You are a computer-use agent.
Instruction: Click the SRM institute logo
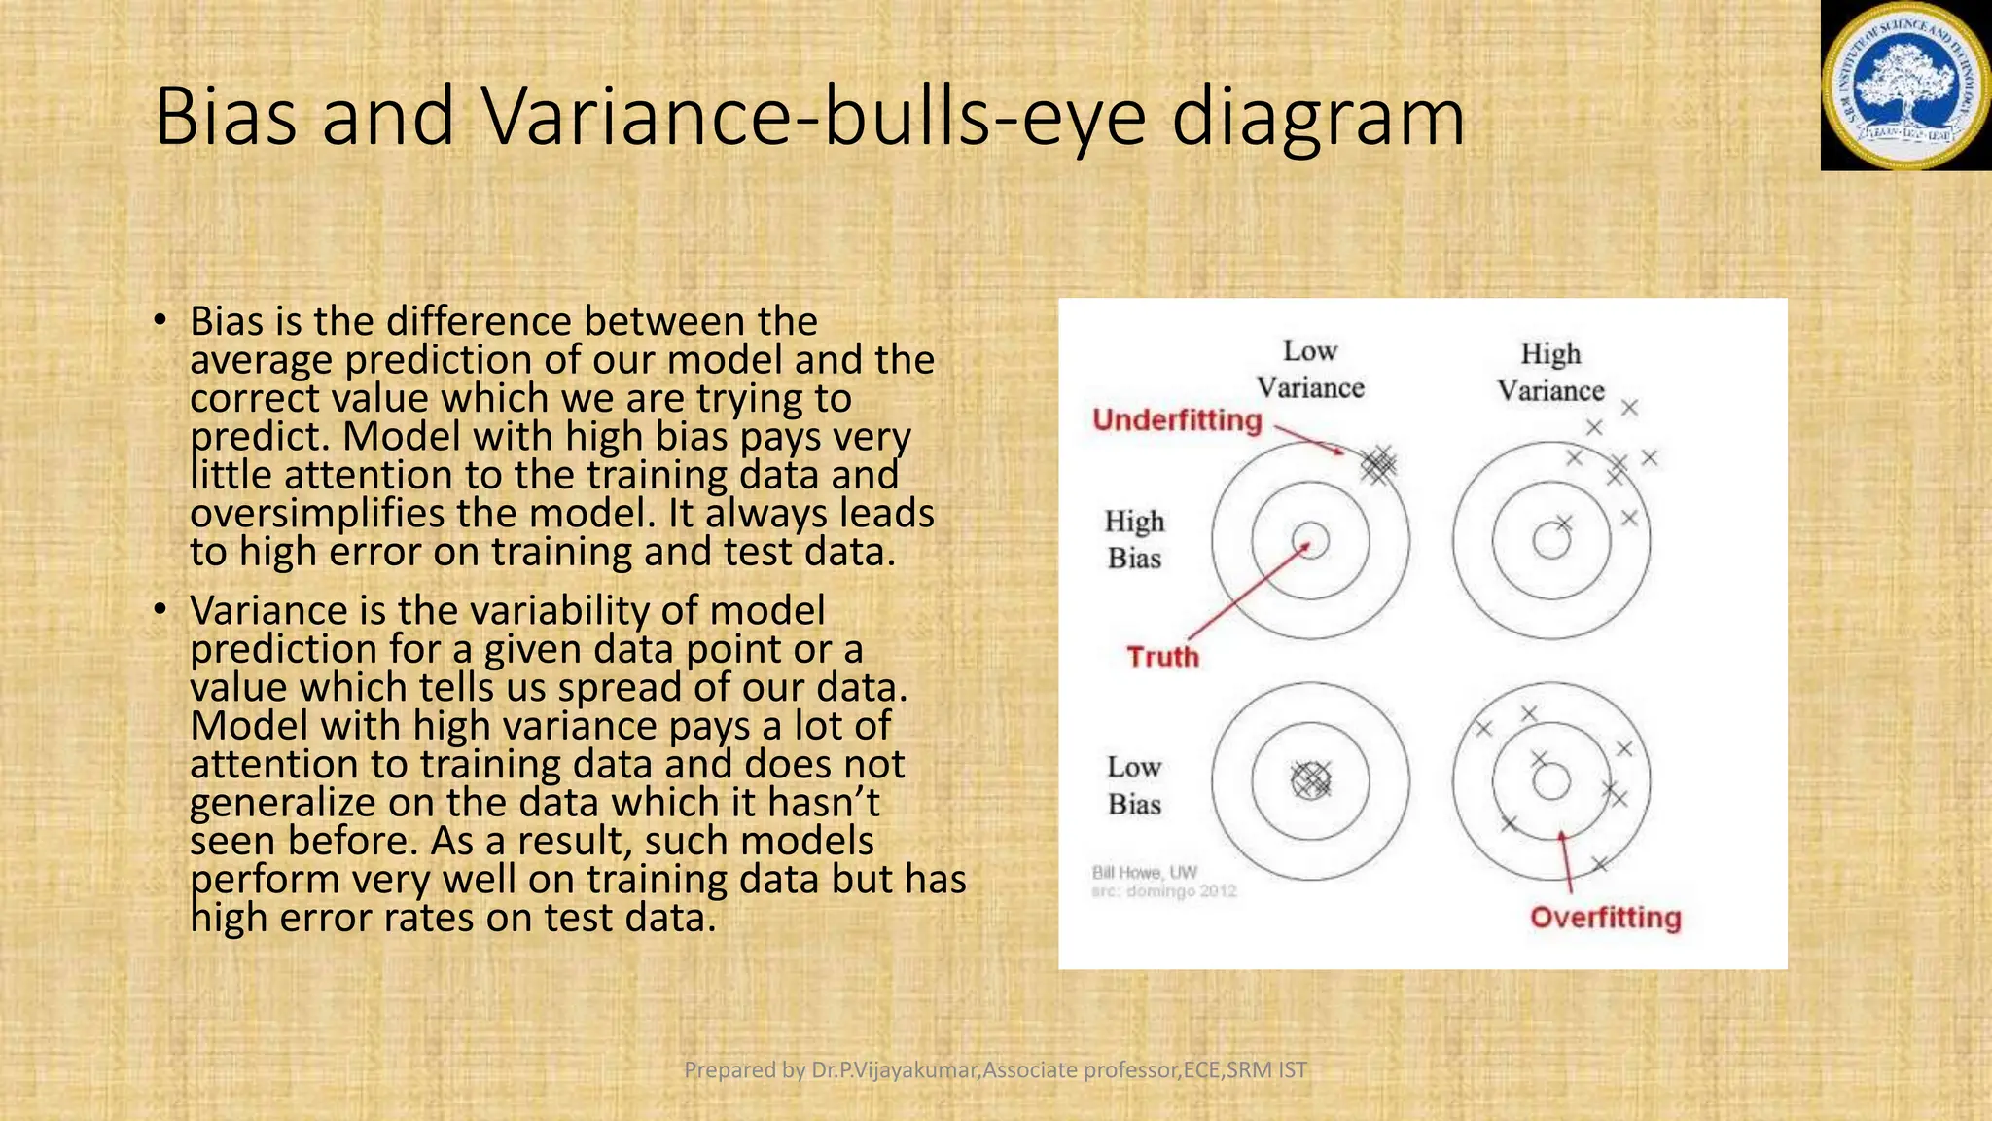(x=1905, y=86)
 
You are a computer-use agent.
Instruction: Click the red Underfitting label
(x=1177, y=420)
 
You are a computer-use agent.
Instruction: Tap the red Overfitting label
(x=1605, y=918)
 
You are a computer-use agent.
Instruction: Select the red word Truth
(x=1163, y=657)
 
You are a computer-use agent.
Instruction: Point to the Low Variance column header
(x=1310, y=370)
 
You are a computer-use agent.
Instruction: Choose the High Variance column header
(x=1550, y=372)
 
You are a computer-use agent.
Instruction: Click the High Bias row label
(x=1134, y=540)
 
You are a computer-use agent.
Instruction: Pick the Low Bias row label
(x=1134, y=785)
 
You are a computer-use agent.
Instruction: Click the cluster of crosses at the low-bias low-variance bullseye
(x=1310, y=780)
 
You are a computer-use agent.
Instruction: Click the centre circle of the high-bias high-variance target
(x=1551, y=541)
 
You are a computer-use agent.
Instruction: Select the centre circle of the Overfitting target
(x=1551, y=781)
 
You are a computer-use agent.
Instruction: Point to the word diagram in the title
(x=1318, y=117)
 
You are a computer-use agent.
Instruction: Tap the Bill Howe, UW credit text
(x=1145, y=872)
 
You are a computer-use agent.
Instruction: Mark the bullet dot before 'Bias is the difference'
(x=161, y=321)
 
